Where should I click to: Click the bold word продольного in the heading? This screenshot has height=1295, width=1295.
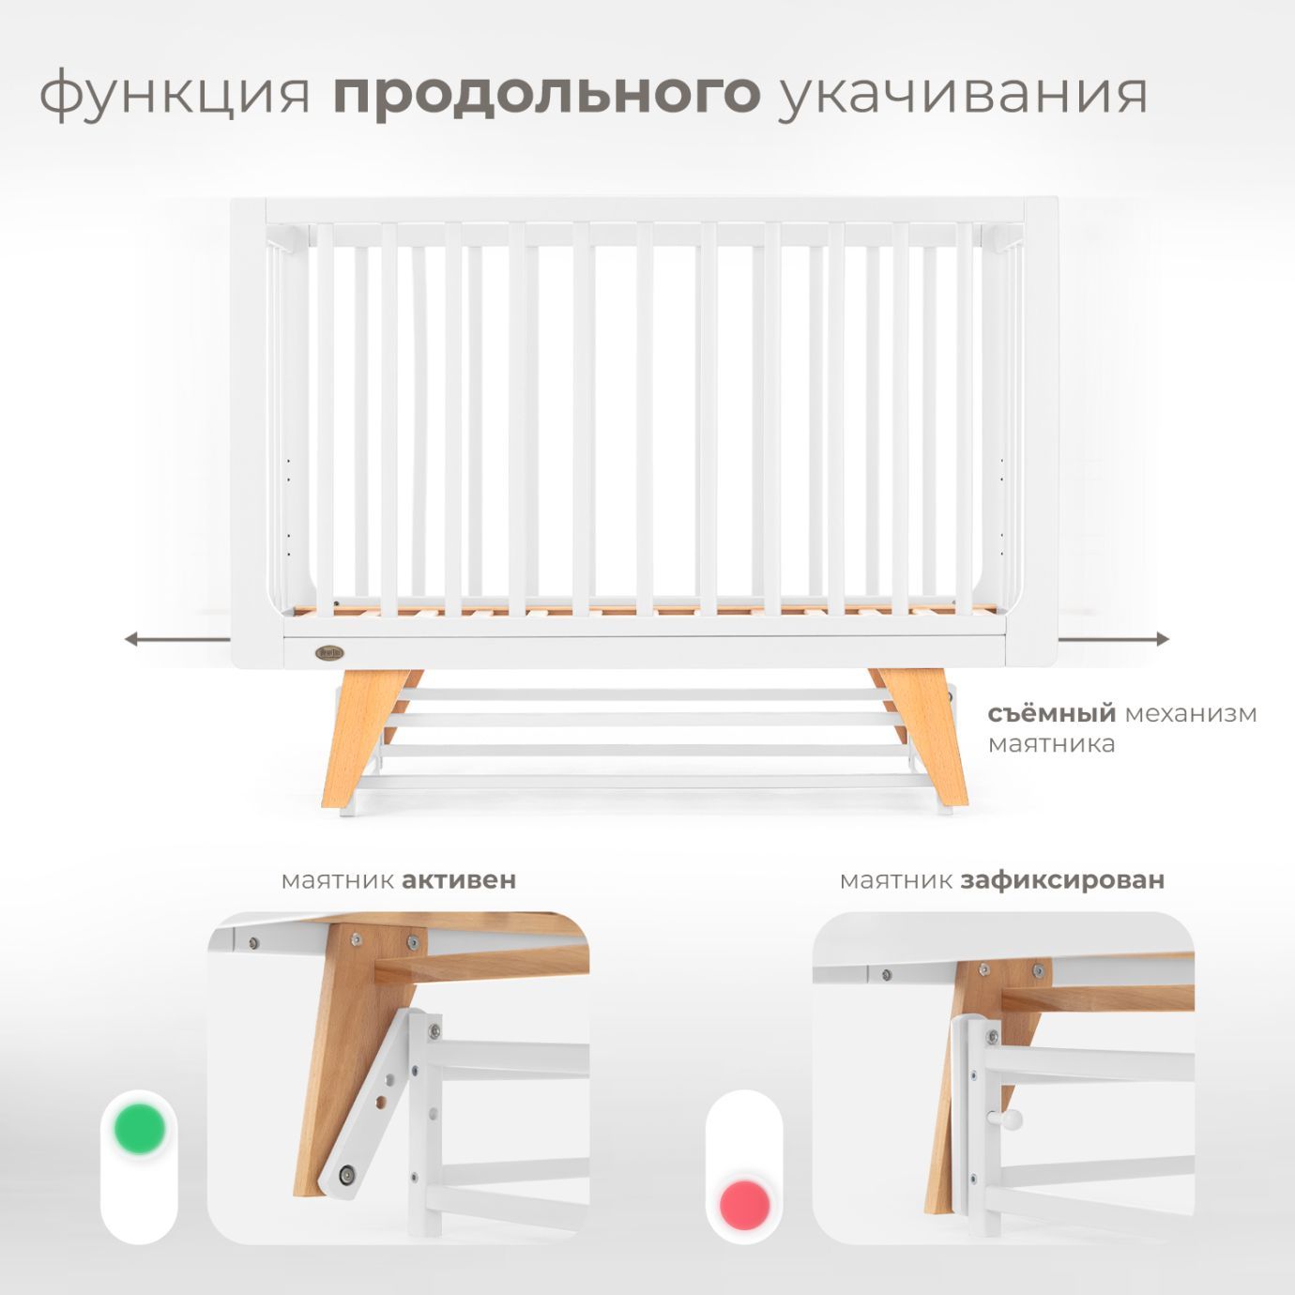click(546, 94)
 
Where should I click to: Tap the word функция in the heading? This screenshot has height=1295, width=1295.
click(175, 94)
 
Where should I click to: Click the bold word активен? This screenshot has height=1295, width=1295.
click(459, 880)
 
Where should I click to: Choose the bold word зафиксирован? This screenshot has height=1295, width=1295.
click(1062, 880)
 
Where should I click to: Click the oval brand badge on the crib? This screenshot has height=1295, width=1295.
click(330, 651)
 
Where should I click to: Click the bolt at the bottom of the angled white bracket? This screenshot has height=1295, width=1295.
click(347, 1172)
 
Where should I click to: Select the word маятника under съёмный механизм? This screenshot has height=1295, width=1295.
click(1051, 744)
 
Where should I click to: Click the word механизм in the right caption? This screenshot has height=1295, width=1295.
click(1191, 714)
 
